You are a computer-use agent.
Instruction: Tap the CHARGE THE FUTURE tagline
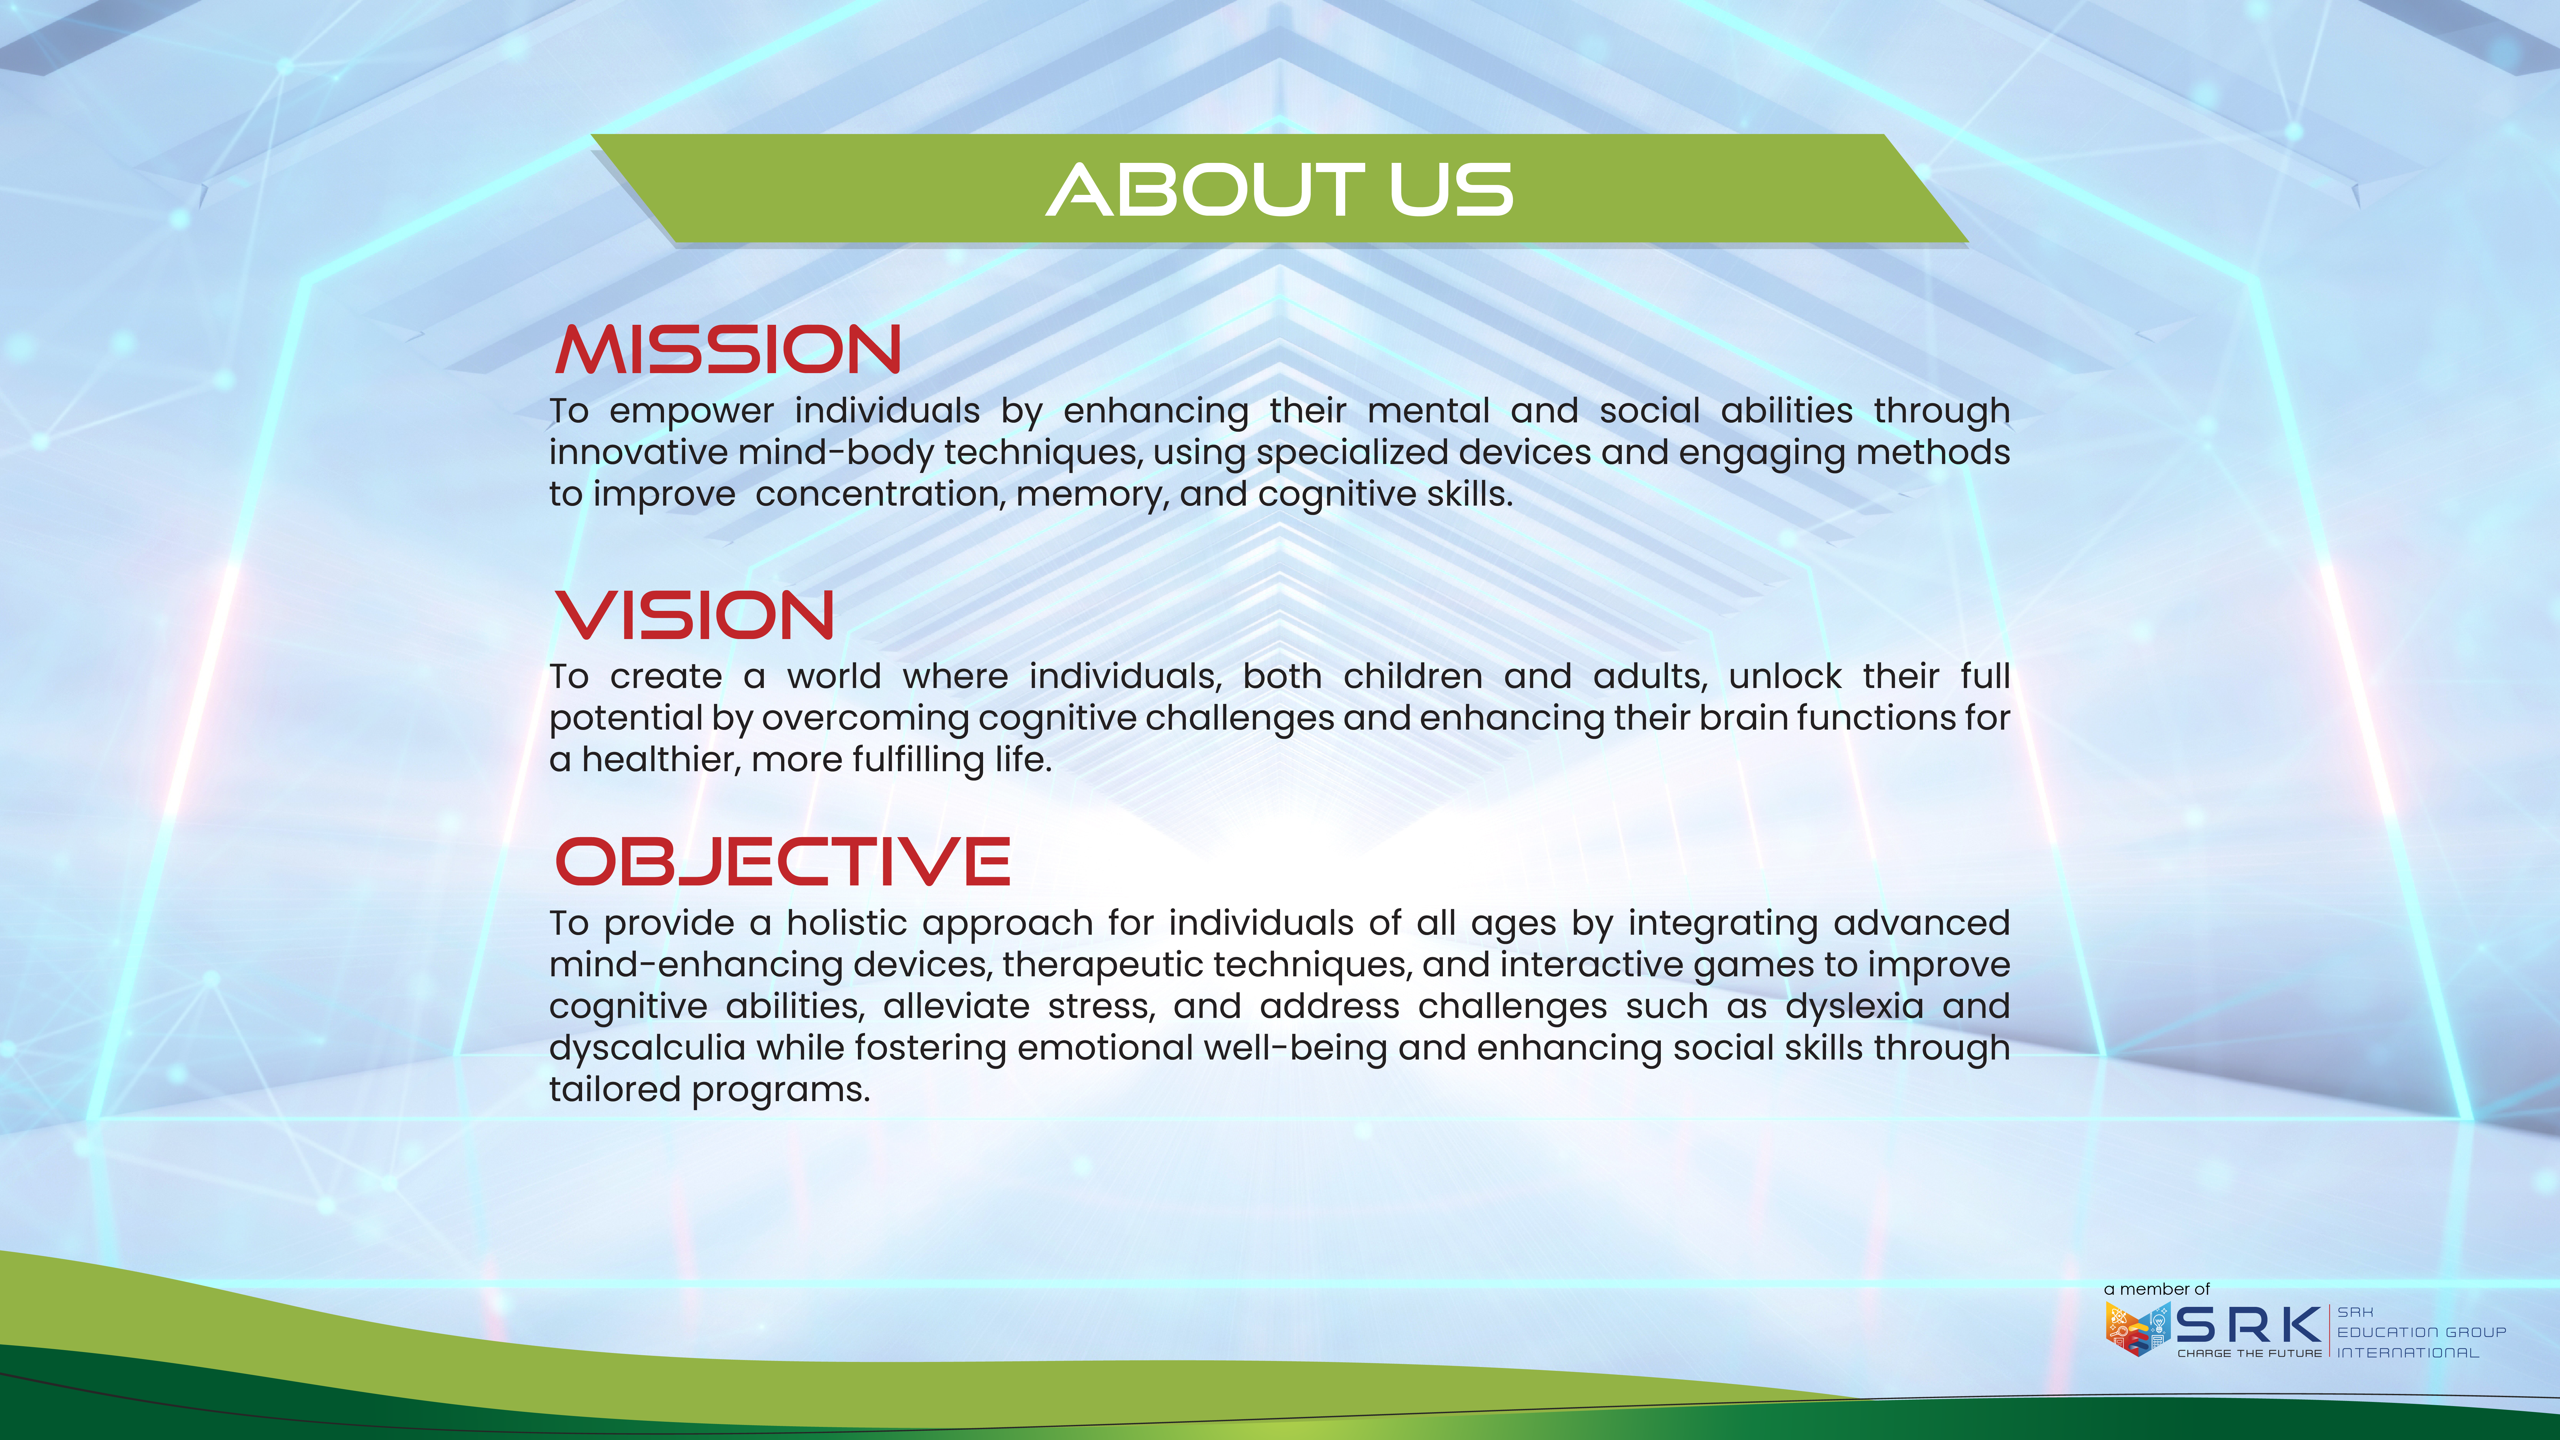click(x=2250, y=1353)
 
